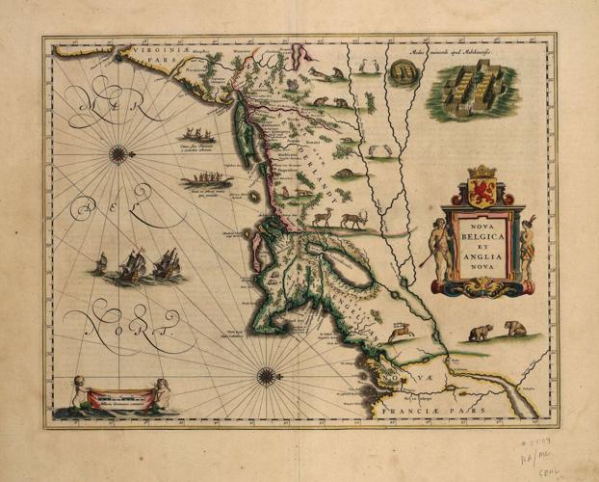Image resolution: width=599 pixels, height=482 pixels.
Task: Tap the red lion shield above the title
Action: point(481,189)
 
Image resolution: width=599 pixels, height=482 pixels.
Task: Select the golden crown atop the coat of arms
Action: point(481,171)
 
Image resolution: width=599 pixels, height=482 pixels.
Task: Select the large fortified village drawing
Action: point(474,89)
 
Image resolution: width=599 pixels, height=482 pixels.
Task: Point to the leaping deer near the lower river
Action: point(399,333)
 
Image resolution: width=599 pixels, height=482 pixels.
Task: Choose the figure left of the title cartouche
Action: point(438,249)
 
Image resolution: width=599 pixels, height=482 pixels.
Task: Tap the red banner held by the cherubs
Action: point(121,396)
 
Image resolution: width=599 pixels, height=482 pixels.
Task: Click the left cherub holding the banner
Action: point(79,392)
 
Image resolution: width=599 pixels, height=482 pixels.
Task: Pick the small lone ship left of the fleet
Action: point(100,263)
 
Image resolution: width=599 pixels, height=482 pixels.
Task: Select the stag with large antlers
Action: point(353,219)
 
